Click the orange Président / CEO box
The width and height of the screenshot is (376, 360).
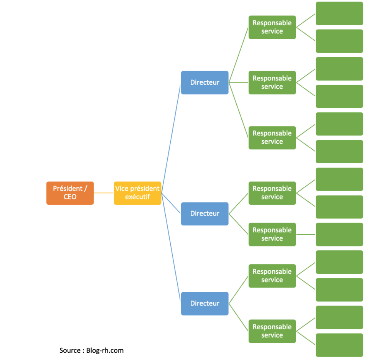tap(70, 193)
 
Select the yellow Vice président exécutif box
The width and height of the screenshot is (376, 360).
tap(137, 193)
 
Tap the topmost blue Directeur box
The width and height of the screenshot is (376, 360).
tap(204, 82)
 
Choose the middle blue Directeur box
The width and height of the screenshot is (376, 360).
tap(204, 214)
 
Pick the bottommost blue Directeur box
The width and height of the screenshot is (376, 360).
tap(204, 303)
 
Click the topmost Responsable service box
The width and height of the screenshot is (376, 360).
tap(272, 27)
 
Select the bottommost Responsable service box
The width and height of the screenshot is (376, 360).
tap(272, 331)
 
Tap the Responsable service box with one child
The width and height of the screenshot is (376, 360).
tap(272, 234)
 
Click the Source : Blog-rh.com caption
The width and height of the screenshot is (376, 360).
tap(91, 350)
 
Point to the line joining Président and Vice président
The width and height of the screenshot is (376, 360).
tap(104, 193)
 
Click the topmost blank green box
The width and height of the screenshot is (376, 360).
tap(339, 13)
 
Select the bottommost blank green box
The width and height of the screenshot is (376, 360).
tap(339, 345)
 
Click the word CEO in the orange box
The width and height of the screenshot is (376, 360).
tap(70, 197)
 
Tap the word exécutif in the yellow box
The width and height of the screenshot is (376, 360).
tap(137, 197)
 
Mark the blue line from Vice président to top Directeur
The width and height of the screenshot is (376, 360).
tap(171, 138)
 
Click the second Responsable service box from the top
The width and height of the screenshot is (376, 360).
tap(272, 82)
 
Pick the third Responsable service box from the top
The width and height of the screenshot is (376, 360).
tap(272, 138)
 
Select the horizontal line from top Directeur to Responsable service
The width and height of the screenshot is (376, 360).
tap(238, 82)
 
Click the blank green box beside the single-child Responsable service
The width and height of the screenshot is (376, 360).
tap(339, 234)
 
